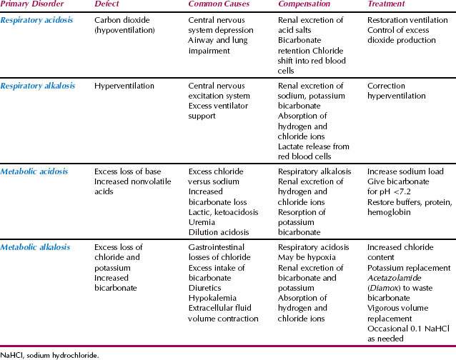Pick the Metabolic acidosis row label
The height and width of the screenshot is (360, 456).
34,171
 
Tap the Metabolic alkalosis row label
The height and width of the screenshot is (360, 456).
36,247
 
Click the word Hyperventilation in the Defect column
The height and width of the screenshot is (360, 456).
124,86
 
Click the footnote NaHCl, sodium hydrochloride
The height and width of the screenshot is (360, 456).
49,354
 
